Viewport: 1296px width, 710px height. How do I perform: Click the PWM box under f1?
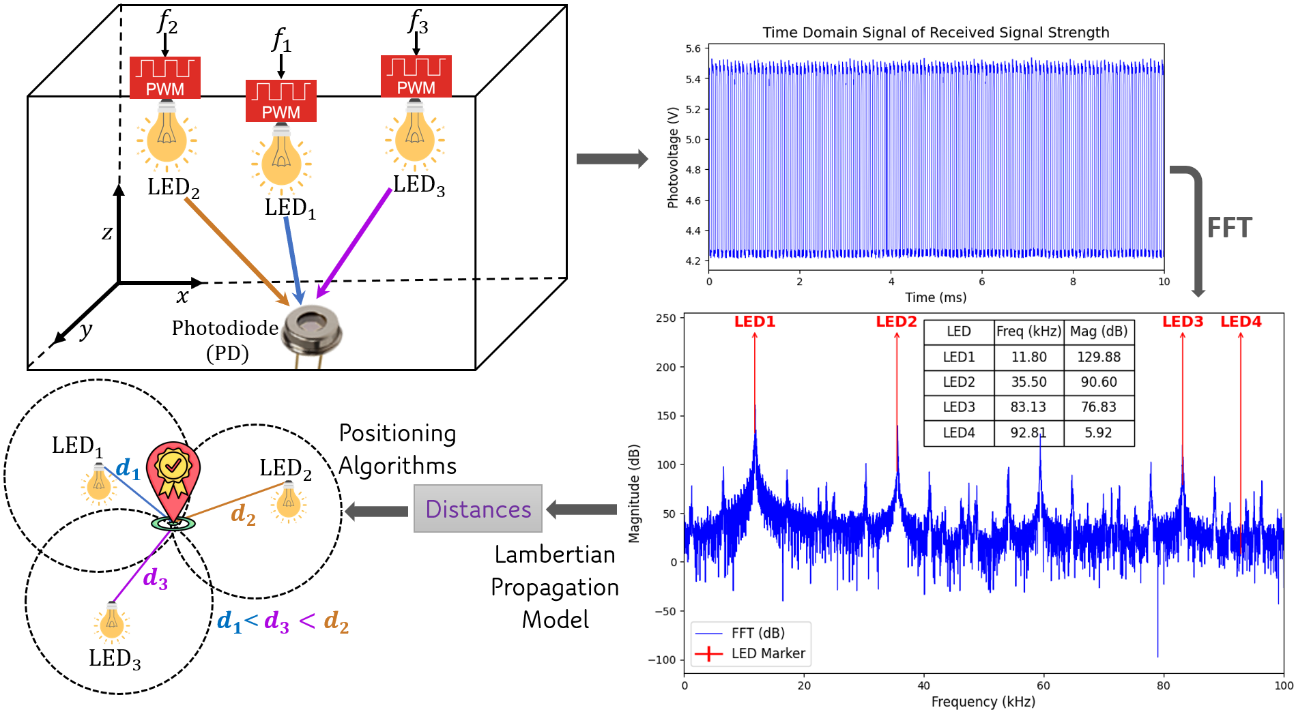coord(280,101)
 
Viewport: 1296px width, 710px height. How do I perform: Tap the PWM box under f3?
coord(416,76)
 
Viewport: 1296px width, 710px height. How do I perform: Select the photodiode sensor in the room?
coord(312,329)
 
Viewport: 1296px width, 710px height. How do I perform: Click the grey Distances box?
coord(478,509)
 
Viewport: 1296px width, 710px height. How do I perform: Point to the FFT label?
coord(1229,228)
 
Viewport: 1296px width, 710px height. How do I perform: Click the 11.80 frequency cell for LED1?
coord(1028,357)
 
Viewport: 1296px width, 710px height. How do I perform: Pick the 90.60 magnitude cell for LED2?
coord(1098,382)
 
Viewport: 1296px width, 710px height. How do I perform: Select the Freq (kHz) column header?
coord(1028,331)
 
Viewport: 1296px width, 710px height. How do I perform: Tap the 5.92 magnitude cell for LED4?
coord(1098,432)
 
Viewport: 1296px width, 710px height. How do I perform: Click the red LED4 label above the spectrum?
coord(1241,321)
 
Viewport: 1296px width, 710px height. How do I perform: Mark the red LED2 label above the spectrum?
coord(896,321)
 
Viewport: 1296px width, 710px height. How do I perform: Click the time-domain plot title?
coord(936,32)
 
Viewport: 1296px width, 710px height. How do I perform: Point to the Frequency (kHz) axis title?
coord(983,701)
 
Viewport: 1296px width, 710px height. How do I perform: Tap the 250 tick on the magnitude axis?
coord(665,318)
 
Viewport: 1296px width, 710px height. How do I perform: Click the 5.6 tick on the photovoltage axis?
coord(693,48)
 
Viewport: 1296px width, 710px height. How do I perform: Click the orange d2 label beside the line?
coord(243,513)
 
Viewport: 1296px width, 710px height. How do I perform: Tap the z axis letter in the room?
coord(107,233)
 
